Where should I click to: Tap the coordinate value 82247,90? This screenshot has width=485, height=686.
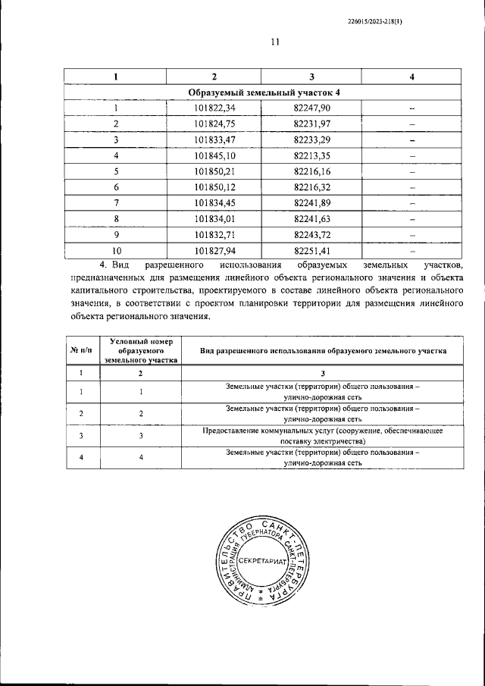311,108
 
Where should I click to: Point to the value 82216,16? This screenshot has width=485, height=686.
311,172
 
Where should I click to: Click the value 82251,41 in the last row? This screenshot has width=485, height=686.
311,251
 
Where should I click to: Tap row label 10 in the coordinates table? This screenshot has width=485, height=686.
116,251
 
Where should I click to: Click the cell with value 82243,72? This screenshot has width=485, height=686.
311,235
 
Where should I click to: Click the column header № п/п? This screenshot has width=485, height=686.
81,351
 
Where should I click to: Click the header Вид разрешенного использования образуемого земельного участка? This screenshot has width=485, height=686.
323,351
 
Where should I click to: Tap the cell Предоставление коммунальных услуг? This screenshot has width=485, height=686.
323,435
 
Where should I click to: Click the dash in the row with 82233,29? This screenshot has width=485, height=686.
412,140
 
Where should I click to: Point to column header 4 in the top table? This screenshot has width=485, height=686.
411,77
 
